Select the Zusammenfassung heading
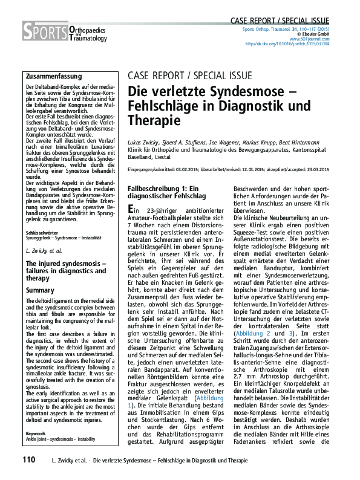point(53,76)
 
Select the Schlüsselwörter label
point(42,232)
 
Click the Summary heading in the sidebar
point(41,290)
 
